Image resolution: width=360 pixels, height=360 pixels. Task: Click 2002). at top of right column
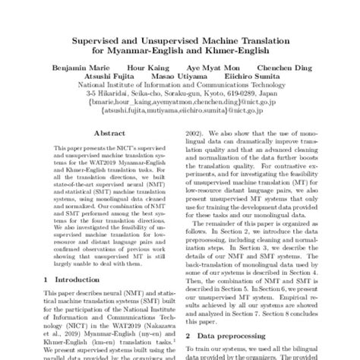197,151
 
